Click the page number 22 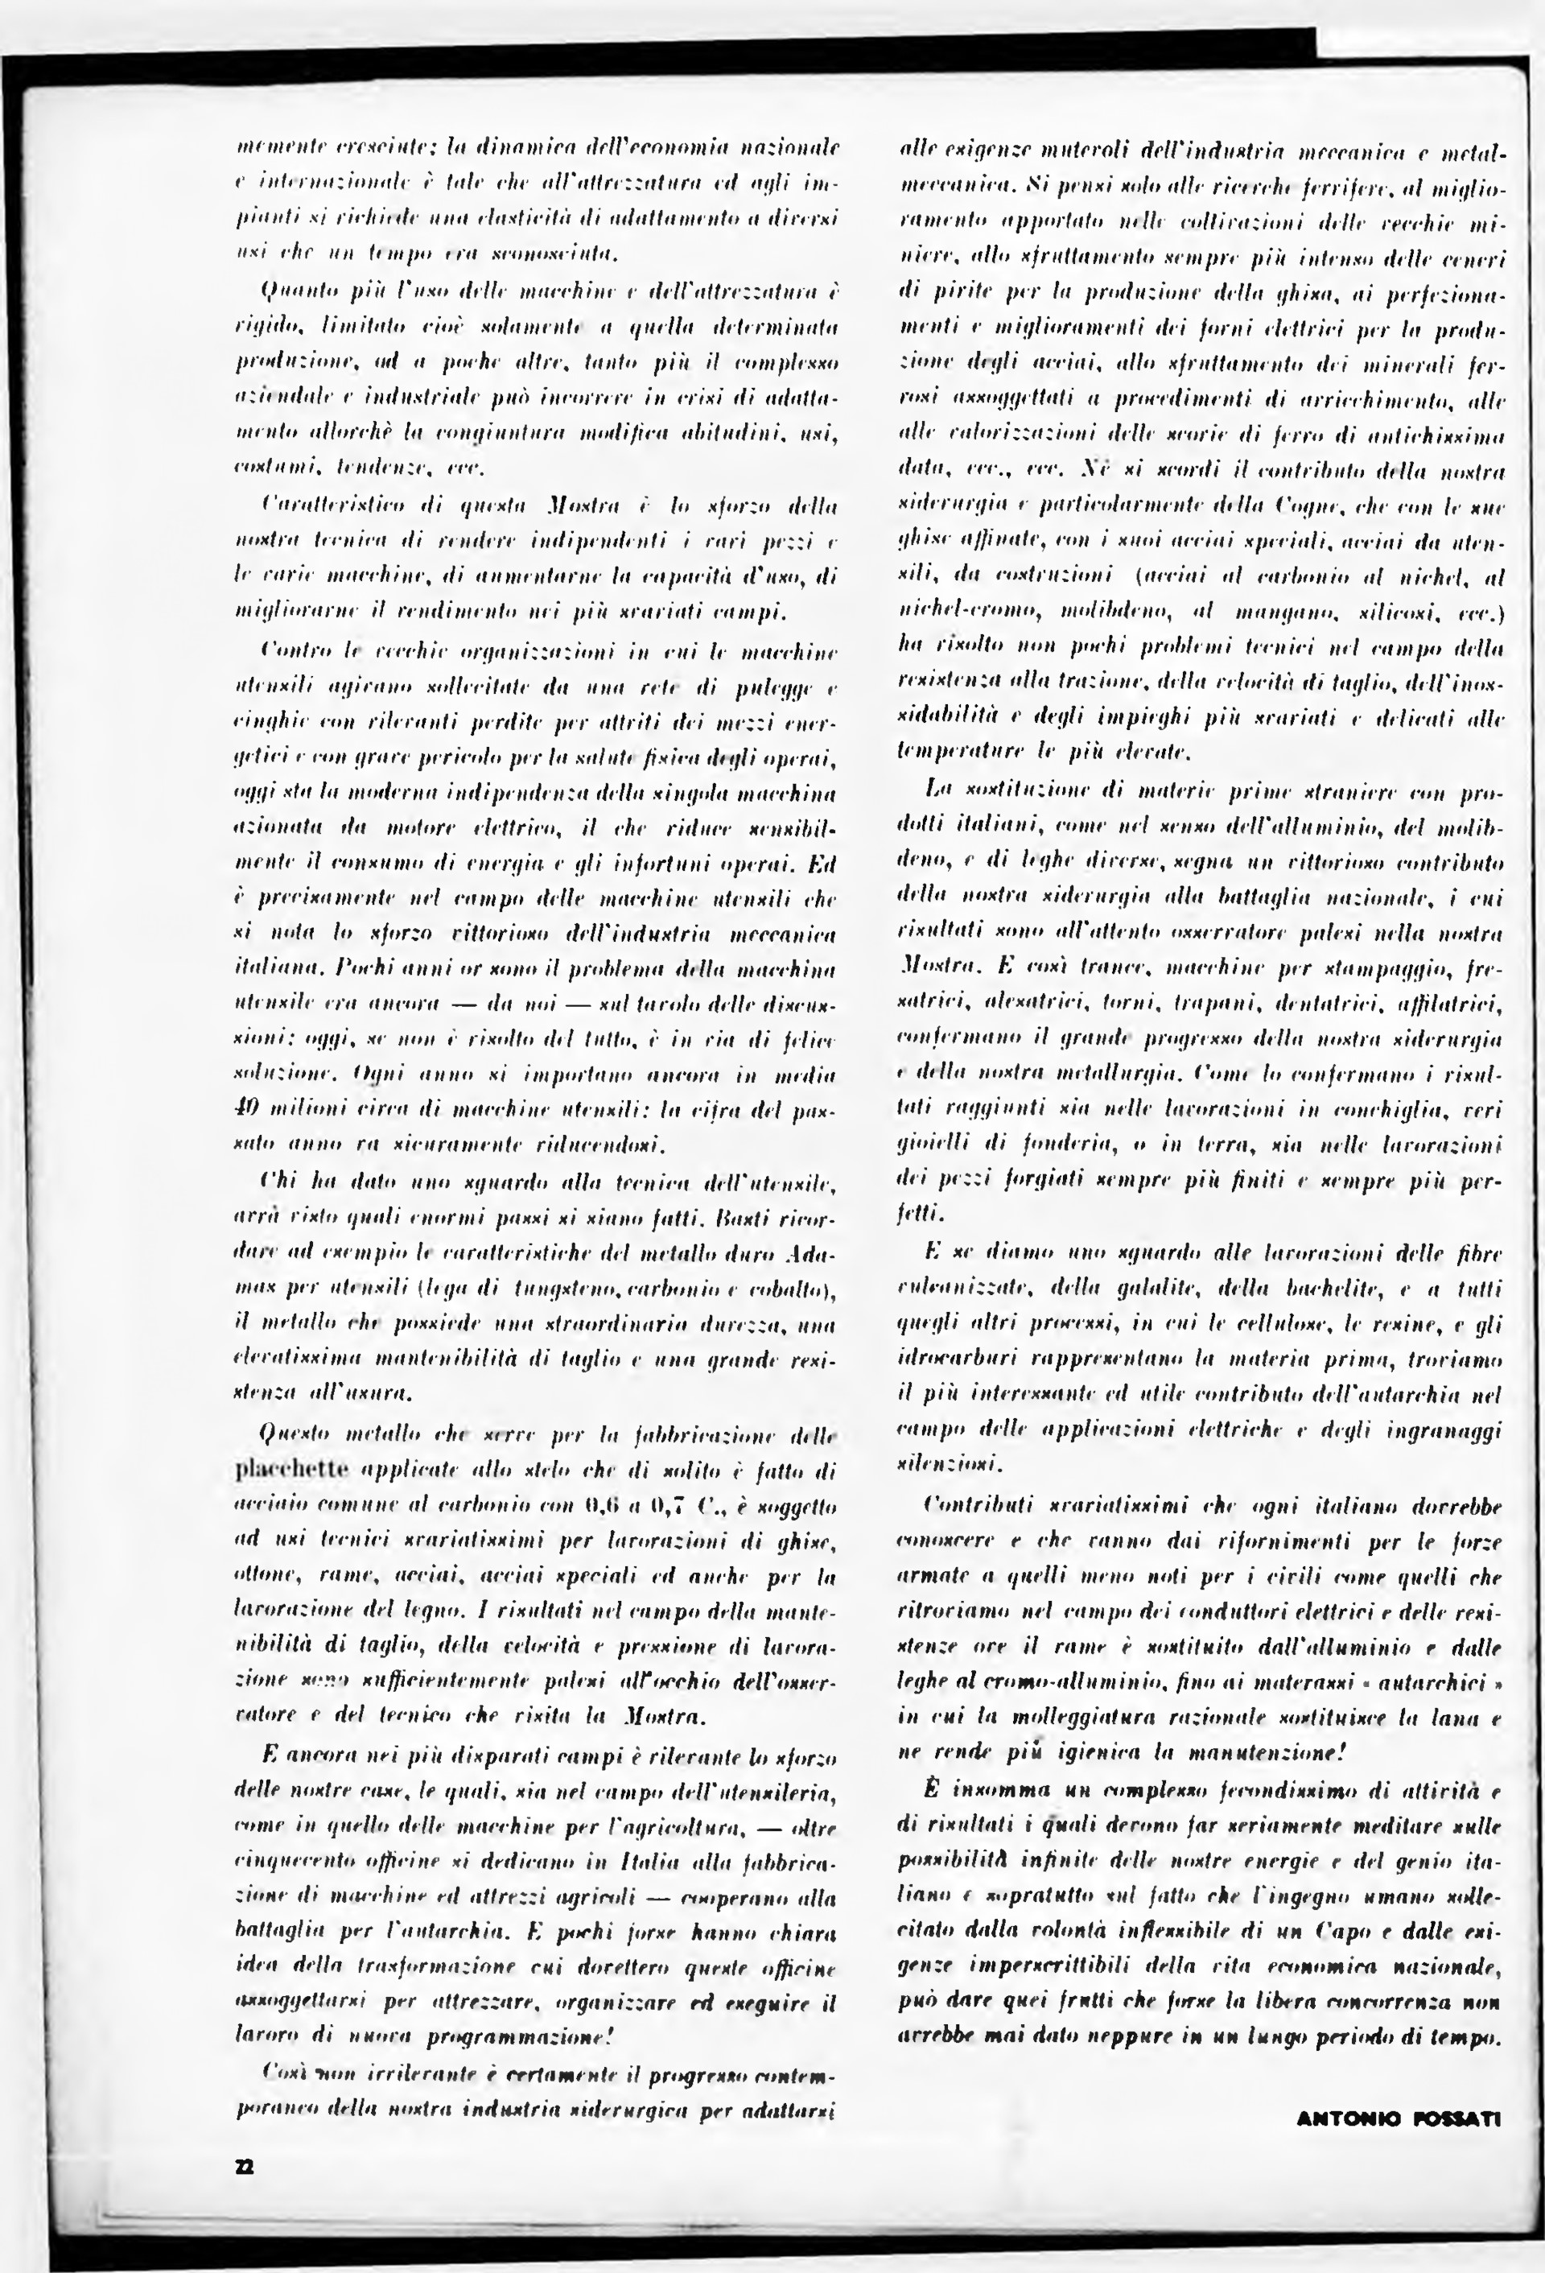pos(245,2160)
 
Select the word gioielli pos(928,1145)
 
